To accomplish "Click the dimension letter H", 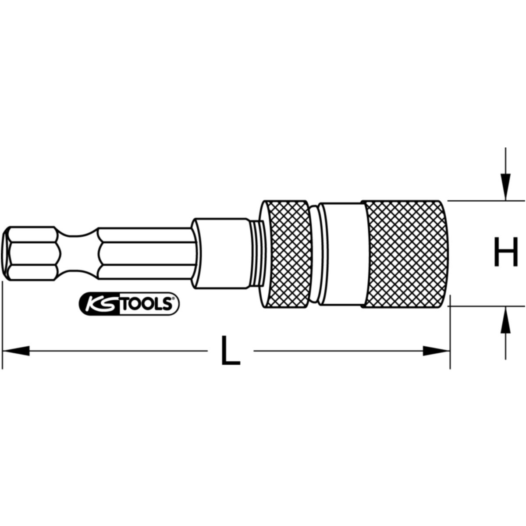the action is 506,252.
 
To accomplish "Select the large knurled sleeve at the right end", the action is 404,254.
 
